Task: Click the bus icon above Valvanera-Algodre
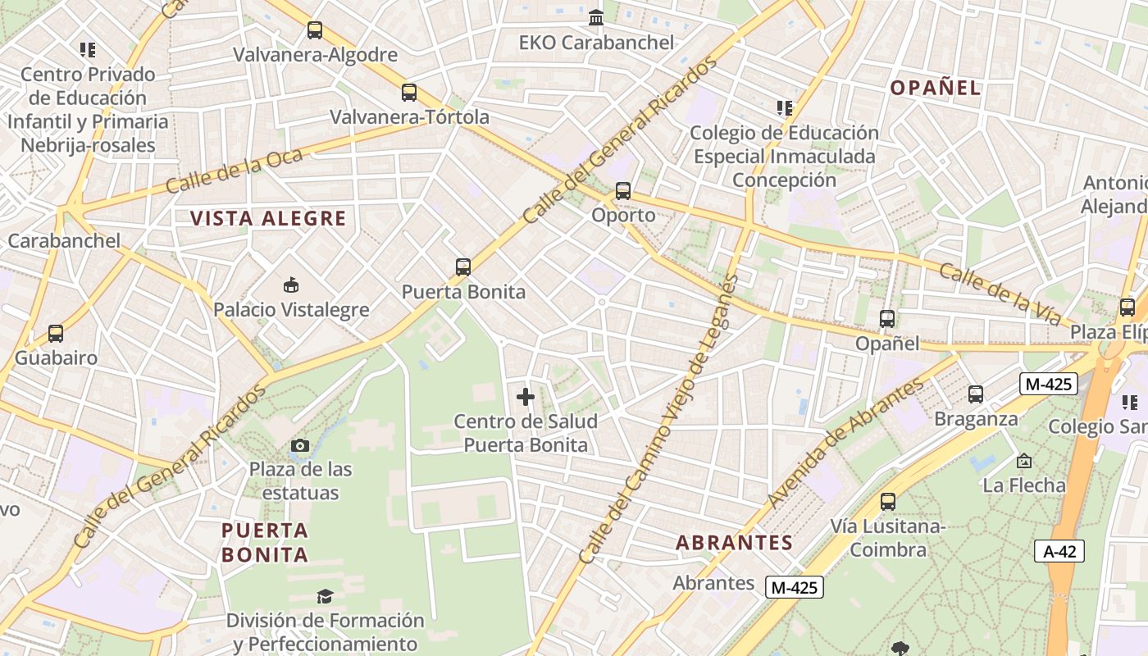point(315,30)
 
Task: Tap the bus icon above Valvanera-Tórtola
point(409,93)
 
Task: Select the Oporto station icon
point(623,191)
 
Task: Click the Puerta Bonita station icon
point(463,266)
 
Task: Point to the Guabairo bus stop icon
point(56,334)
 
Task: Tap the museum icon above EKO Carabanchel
point(596,17)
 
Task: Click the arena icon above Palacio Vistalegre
point(290,285)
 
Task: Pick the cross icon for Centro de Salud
point(526,398)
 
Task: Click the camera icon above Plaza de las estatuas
point(300,445)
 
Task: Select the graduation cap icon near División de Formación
point(326,596)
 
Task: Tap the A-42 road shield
point(1059,552)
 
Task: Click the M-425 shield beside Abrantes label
point(795,587)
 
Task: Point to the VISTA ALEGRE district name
point(268,219)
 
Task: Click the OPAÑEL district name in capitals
point(936,89)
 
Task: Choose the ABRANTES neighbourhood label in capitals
point(734,543)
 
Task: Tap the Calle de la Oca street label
point(234,171)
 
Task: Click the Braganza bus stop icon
point(976,394)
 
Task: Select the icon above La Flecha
point(1023,462)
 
